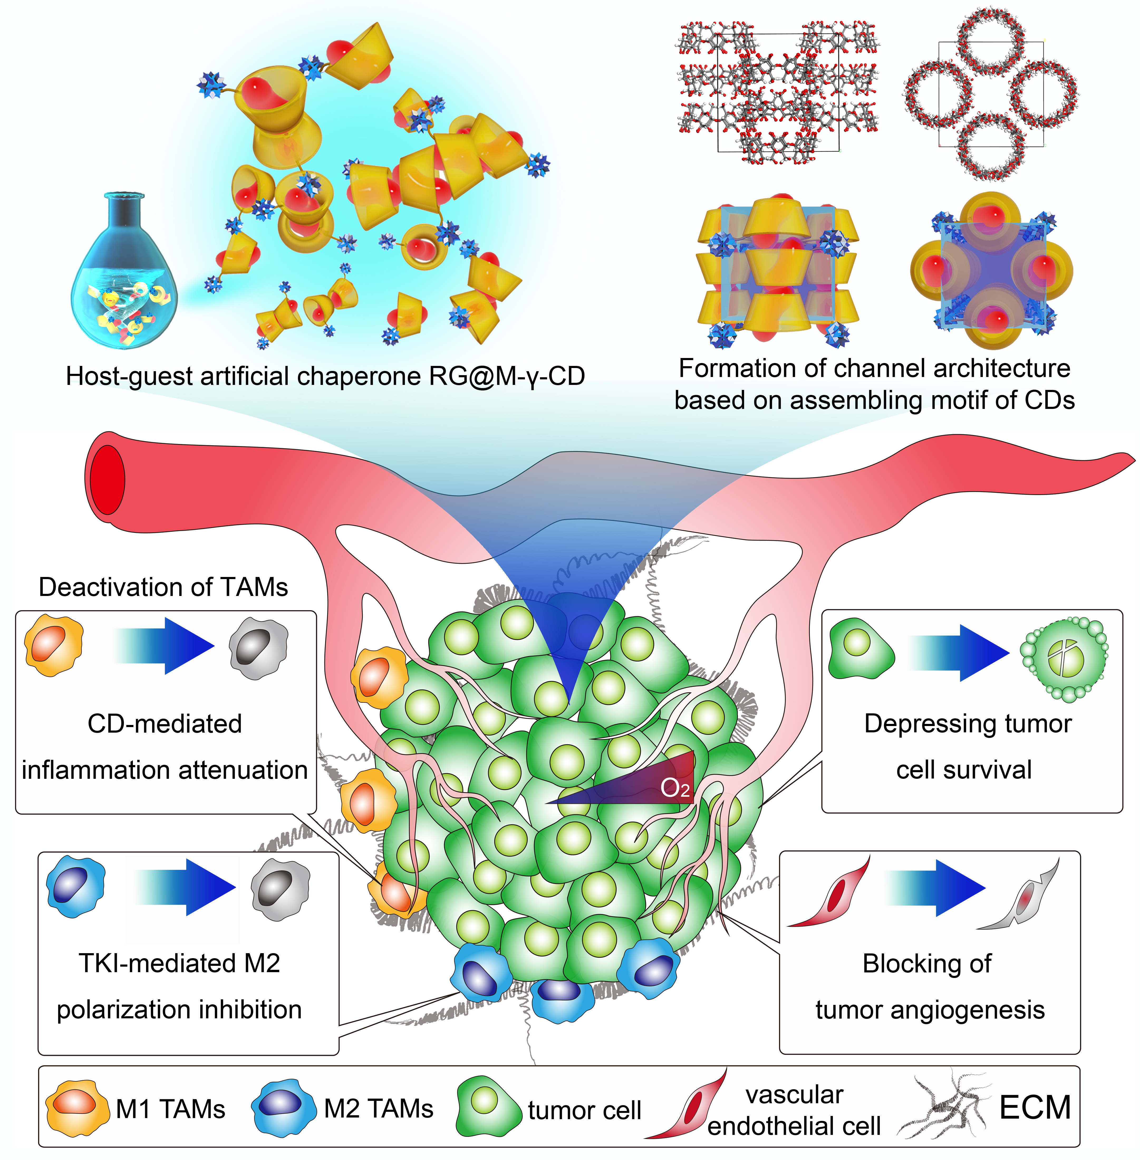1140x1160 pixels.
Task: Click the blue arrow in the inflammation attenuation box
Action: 165,646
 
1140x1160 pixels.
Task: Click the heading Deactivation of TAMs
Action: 163,587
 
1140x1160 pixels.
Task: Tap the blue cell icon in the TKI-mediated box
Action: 76,887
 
